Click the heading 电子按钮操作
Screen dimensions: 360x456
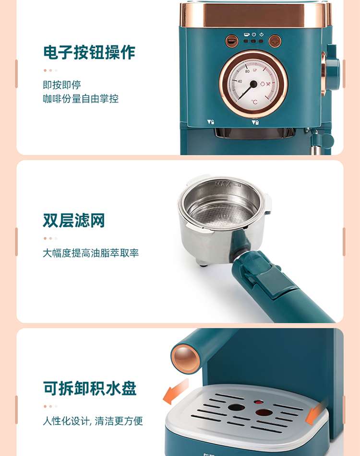[x=89, y=52]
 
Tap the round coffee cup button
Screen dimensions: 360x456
[x=232, y=41]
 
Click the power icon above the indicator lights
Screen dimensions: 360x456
[x=254, y=35]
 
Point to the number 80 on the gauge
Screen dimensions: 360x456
[x=247, y=71]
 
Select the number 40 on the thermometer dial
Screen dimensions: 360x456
[x=240, y=81]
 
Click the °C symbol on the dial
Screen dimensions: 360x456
[x=254, y=102]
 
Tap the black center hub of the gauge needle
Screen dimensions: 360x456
[x=253, y=84]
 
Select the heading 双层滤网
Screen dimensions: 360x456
[x=73, y=220]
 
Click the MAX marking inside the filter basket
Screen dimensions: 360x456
[x=224, y=184]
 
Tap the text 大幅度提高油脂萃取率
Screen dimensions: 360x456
[x=91, y=253]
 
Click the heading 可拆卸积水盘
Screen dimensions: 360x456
[x=90, y=388]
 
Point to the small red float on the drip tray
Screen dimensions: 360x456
[x=258, y=402]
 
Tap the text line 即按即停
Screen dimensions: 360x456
[x=62, y=85]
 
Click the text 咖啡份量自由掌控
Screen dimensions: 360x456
[x=81, y=99]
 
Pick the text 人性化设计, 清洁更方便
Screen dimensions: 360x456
[x=93, y=421]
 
